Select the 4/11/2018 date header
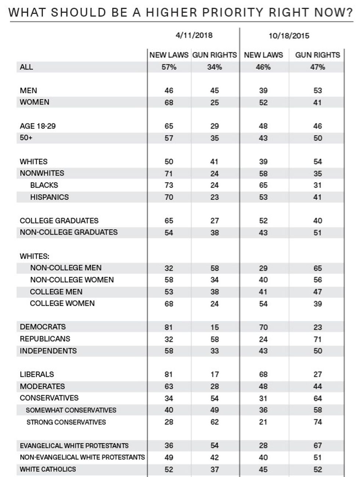tap(194, 35)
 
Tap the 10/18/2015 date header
tap(289, 36)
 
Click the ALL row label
tap(26, 67)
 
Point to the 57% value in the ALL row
tap(169, 67)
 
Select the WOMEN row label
tap(35, 102)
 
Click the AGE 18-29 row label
tap(37, 126)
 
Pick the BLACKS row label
tap(44, 185)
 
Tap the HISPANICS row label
tap(49, 197)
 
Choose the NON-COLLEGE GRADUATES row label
tap(69, 232)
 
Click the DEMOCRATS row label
tap(43, 327)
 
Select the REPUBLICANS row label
tap(45, 339)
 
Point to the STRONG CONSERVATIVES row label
tap(66, 422)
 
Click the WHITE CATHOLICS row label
tap(48, 469)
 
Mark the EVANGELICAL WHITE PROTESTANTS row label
tap(74, 445)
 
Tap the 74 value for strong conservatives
tap(318, 422)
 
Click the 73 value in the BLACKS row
tap(169, 185)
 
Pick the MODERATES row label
tap(42, 386)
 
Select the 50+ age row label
tap(26, 138)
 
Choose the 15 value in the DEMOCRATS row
tap(215, 327)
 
